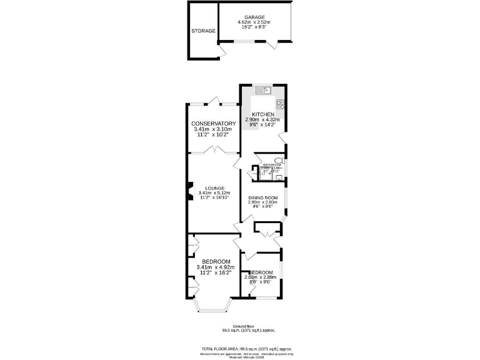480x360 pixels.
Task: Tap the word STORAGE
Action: pos(204,31)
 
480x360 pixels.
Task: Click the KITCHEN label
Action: pos(262,114)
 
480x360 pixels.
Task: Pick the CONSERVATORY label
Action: pos(213,124)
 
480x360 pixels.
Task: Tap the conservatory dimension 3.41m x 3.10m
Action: pos(213,129)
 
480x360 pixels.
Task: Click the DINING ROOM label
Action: pos(262,198)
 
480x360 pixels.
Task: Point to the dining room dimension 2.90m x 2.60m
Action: pos(262,202)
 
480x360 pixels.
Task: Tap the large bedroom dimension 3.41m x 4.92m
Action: pos(214,267)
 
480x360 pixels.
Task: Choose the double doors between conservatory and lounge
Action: pos(213,149)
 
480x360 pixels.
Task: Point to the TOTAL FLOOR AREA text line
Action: pos(246,349)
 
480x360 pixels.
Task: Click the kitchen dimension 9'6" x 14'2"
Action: pos(262,125)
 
